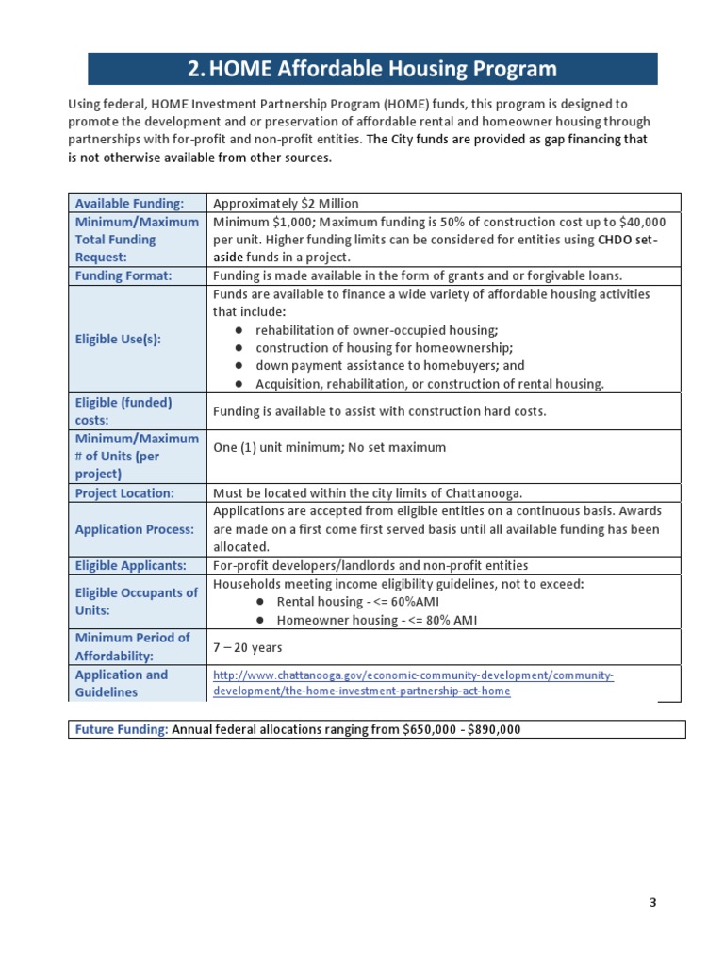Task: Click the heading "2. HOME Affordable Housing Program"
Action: (x=372, y=69)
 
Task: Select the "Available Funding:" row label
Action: (x=128, y=203)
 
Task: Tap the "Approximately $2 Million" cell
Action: (x=286, y=203)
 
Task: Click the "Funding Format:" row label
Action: (x=123, y=275)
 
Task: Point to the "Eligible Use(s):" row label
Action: (x=118, y=340)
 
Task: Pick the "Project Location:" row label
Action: (x=124, y=493)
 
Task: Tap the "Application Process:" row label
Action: (x=135, y=529)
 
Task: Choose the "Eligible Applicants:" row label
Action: (x=130, y=565)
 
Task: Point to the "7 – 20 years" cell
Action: (x=248, y=647)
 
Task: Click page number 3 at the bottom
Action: (x=651, y=902)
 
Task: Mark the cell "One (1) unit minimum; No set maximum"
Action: (x=329, y=447)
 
